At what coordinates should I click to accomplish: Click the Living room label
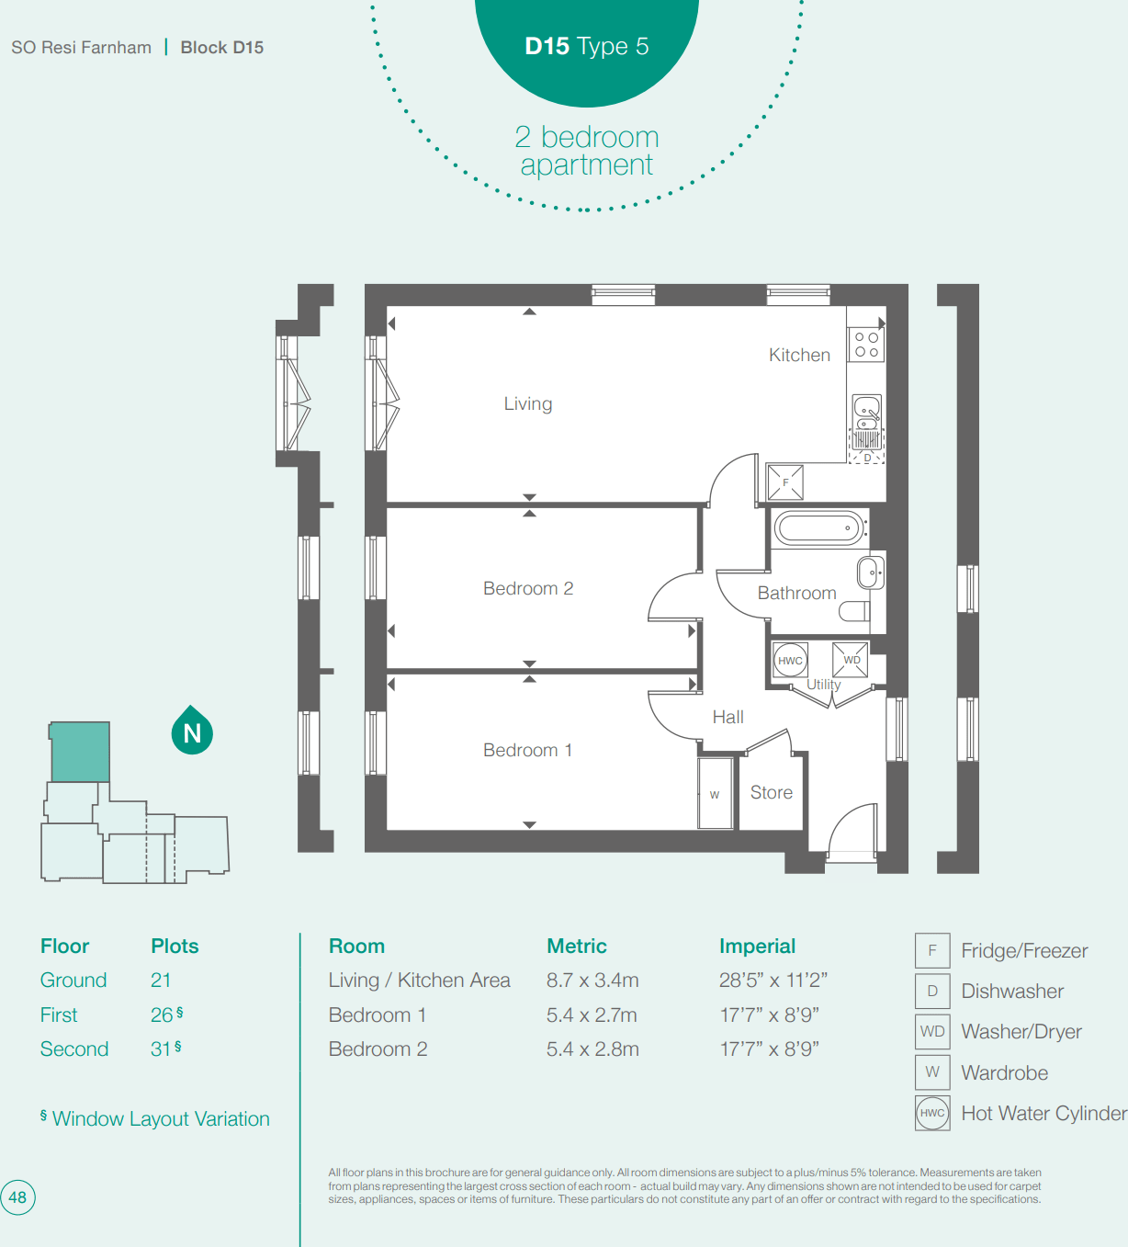527,403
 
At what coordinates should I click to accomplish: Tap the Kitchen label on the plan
799,355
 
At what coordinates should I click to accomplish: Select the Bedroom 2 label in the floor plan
527,588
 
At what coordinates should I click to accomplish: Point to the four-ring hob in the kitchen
866,345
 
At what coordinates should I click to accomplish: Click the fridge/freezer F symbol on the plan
785,482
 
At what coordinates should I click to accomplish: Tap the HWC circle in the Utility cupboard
790,660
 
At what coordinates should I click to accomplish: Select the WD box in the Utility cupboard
851,659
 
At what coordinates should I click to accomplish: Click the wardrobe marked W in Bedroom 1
715,794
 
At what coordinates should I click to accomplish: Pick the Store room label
771,792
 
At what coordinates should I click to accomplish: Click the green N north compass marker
192,732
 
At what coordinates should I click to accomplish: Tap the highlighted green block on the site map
80,752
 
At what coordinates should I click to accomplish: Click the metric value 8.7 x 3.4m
592,981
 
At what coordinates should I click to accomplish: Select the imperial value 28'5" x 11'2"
773,981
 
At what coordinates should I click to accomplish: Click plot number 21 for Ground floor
161,981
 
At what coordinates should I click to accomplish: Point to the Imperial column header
757,946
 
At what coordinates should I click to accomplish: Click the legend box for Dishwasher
931,991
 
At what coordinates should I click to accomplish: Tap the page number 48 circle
17,1197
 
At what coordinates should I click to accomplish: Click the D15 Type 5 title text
586,46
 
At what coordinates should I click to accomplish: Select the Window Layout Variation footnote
155,1118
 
